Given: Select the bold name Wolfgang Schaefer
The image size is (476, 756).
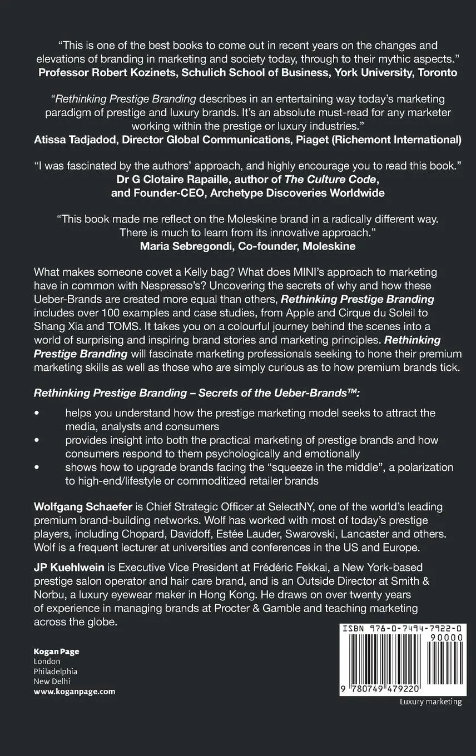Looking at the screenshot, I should (x=81, y=506).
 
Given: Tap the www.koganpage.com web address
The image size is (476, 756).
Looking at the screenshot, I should (x=75, y=692).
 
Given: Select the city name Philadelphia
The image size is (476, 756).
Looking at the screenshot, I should (x=56, y=672).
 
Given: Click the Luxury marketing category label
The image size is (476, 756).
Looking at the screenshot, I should (x=430, y=702).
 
